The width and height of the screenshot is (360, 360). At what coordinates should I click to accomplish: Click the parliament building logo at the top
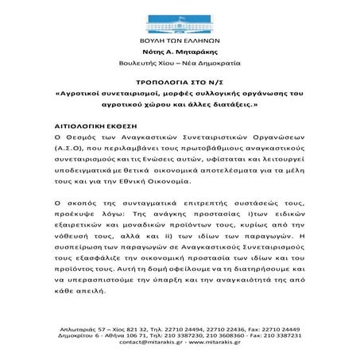tap(179, 18)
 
